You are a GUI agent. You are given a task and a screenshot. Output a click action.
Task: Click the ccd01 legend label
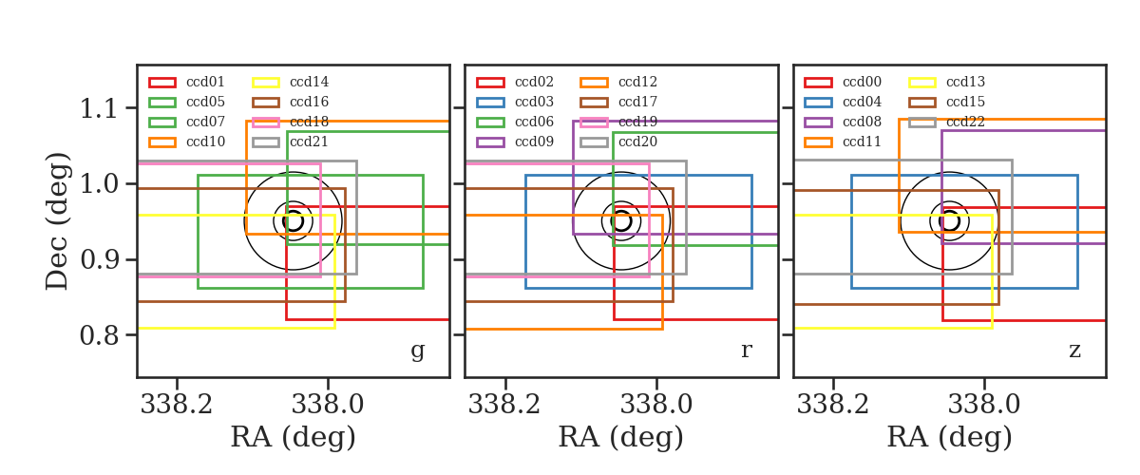tap(205, 82)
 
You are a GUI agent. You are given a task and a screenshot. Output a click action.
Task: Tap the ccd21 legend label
tap(309, 142)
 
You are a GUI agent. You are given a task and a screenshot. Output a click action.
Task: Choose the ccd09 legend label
tap(534, 142)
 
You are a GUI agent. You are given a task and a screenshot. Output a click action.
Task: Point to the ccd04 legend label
tap(862, 102)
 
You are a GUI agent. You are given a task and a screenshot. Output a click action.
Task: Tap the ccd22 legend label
tap(965, 122)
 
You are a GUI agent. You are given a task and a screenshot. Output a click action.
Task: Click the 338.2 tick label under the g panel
tap(177, 405)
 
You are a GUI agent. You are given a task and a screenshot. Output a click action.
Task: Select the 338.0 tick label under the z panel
tap(984, 405)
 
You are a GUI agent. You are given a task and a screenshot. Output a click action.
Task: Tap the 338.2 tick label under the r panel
tap(504, 405)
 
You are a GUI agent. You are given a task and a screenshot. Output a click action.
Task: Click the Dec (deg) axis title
tap(56, 221)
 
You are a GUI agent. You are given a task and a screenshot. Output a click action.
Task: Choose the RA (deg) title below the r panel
tap(621, 437)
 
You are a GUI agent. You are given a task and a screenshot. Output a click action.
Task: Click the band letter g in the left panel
tap(417, 351)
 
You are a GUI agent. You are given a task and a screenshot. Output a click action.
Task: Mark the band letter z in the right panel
tap(1074, 351)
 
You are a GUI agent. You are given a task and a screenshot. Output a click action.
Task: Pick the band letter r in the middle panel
tap(746, 351)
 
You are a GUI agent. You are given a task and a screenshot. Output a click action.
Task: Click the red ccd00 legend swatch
tap(818, 83)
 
